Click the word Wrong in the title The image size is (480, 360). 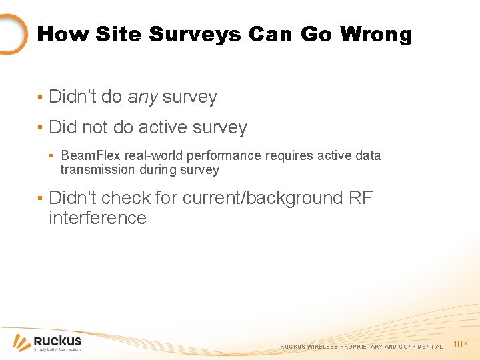click(376, 34)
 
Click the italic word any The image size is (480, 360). click(142, 97)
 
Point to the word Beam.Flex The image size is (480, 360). click(91, 155)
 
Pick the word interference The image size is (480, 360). click(97, 218)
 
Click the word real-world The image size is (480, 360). click(155, 155)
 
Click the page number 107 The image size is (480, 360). click(460, 345)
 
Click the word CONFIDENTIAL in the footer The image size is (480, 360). click(420, 347)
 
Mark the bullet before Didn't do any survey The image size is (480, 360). click(40, 97)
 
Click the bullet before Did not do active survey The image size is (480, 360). click(40, 128)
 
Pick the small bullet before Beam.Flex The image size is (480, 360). click(52, 156)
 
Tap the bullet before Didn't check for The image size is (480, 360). click(40, 199)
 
